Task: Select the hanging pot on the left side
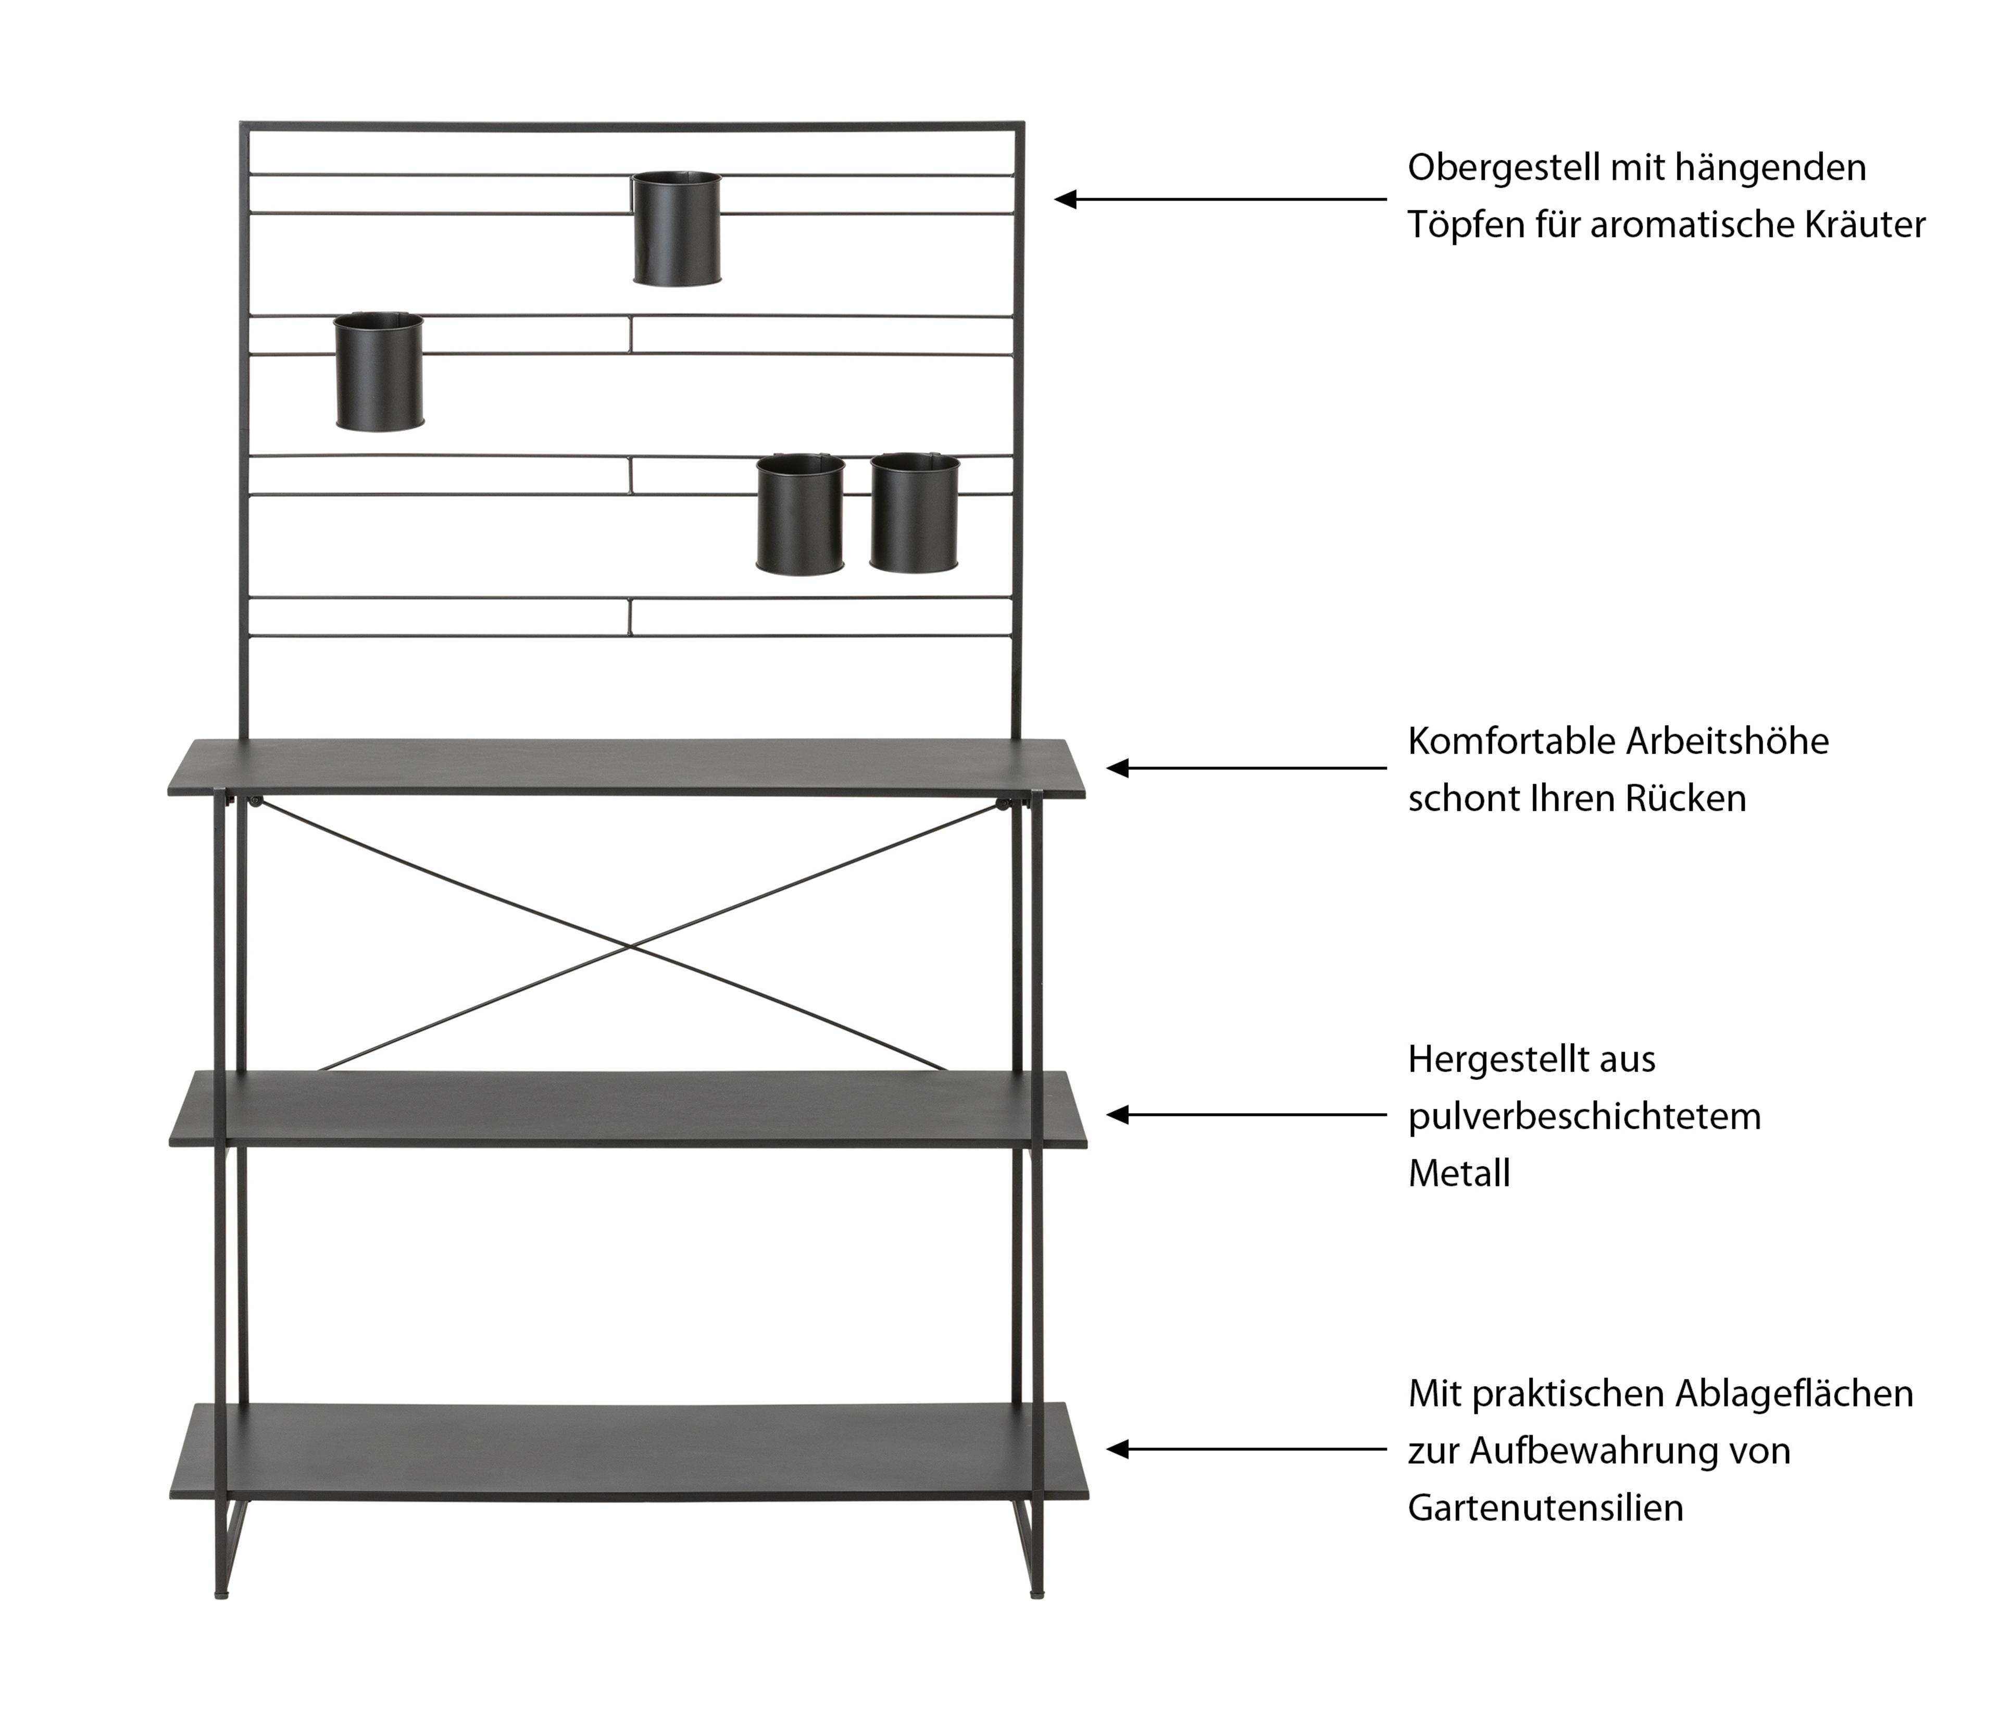point(378,372)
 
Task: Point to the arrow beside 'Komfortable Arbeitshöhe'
point(1245,769)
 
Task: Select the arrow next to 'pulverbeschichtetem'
point(1245,1115)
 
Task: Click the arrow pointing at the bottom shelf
point(1245,1449)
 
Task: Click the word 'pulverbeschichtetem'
point(1584,1117)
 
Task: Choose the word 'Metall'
point(1458,1174)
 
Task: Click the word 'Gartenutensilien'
point(1545,1508)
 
